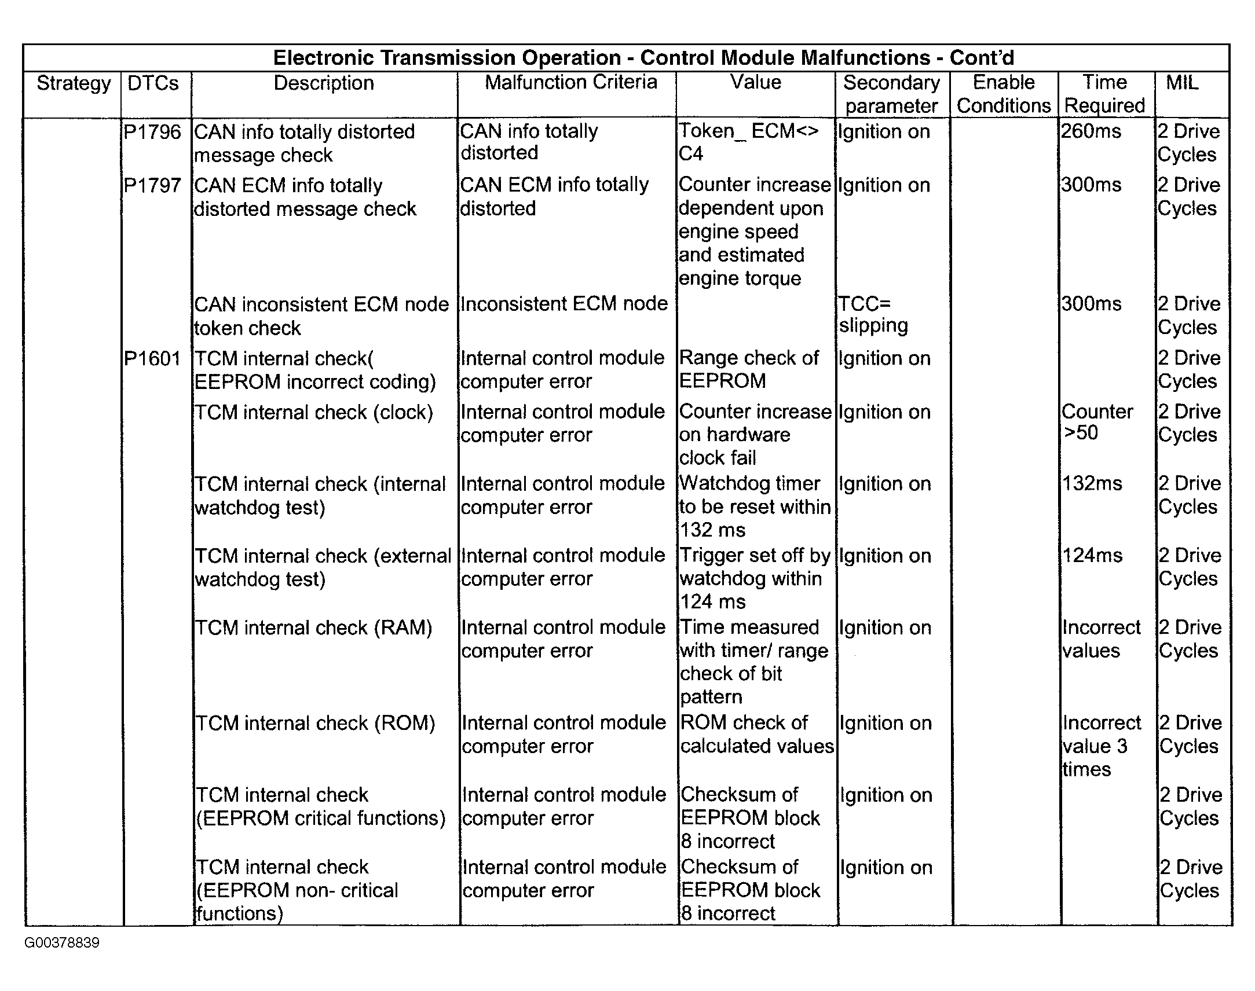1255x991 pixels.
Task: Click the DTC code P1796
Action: pyautogui.click(x=152, y=133)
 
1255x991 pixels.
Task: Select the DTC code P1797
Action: pyautogui.click(x=152, y=186)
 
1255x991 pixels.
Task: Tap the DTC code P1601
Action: pyautogui.click(x=152, y=358)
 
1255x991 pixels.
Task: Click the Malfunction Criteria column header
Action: pyautogui.click(x=570, y=82)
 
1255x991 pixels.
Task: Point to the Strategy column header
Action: pyautogui.click(x=74, y=83)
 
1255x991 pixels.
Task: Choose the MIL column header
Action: pyautogui.click(x=1182, y=82)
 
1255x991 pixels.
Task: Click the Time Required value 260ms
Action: pyautogui.click(x=1091, y=131)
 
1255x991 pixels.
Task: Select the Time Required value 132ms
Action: pyautogui.click(x=1092, y=483)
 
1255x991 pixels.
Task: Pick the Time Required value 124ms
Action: pyautogui.click(x=1092, y=555)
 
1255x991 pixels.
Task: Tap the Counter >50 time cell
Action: pyautogui.click(x=1096, y=422)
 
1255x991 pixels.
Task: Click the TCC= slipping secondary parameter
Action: pyautogui.click(x=873, y=314)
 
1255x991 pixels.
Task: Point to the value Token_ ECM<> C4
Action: pyautogui.click(x=749, y=142)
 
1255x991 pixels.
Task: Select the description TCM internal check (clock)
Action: pyautogui.click(x=314, y=413)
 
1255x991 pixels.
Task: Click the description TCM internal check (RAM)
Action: pyautogui.click(x=313, y=628)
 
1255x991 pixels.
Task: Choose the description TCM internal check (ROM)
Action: pyautogui.click(x=315, y=724)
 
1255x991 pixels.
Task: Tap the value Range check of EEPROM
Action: pyautogui.click(x=749, y=369)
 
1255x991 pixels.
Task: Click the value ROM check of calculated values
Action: pyautogui.click(x=756, y=734)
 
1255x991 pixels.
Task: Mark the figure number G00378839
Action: pyautogui.click(x=62, y=942)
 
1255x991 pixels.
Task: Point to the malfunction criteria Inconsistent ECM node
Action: pyautogui.click(x=564, y=303)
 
